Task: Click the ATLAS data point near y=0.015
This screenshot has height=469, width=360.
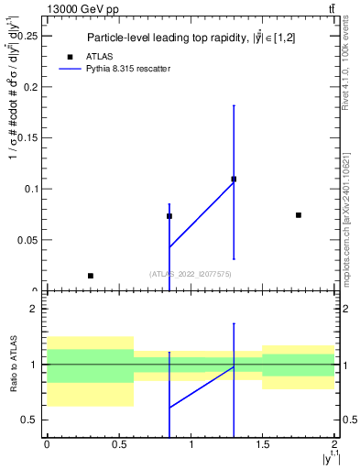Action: (90, 276)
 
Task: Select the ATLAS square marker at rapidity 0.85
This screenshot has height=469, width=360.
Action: (169, 216)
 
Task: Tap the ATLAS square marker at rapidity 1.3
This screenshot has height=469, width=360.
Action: (235, 180)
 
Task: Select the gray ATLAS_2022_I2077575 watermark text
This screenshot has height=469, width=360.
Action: (191, 274)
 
